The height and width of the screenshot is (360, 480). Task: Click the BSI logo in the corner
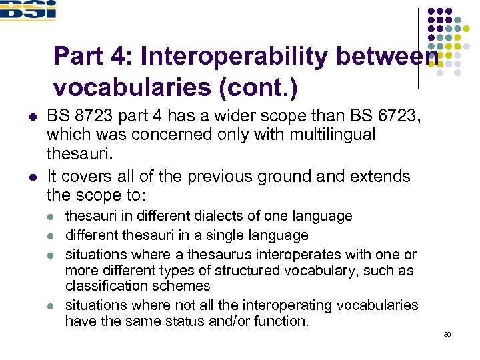coord(28,10)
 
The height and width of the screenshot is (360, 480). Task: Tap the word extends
coord(378,177)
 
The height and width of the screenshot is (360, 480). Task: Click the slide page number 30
coord(447,334)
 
